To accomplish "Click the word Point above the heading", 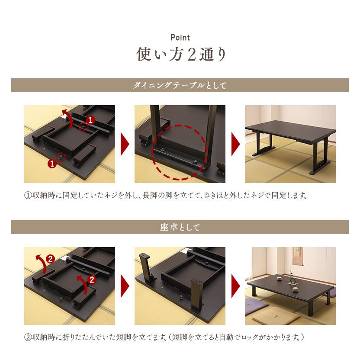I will (180, 38).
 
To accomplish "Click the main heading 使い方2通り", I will (180, 55).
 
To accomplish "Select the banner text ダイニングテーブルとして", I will (180, 85).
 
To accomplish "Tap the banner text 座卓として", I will (180, 227).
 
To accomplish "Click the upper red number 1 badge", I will (90, 119).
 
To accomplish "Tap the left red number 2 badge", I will (50, 260).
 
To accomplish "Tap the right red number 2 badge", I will (91, 279).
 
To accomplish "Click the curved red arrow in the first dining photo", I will (67, 118).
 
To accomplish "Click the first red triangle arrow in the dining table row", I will (125, 144).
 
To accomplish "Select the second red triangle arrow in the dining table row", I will (235, 144).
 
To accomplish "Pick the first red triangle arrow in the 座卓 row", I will (125, 286).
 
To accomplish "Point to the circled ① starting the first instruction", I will (28, 195).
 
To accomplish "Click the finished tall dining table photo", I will (290, 144).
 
